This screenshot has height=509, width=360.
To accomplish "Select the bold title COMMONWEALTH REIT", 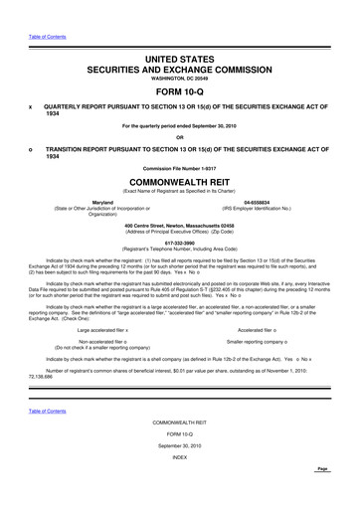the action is point(179,184).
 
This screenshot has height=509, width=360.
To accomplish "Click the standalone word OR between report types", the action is point(179,137).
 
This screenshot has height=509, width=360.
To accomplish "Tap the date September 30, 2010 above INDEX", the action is point(180,475).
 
